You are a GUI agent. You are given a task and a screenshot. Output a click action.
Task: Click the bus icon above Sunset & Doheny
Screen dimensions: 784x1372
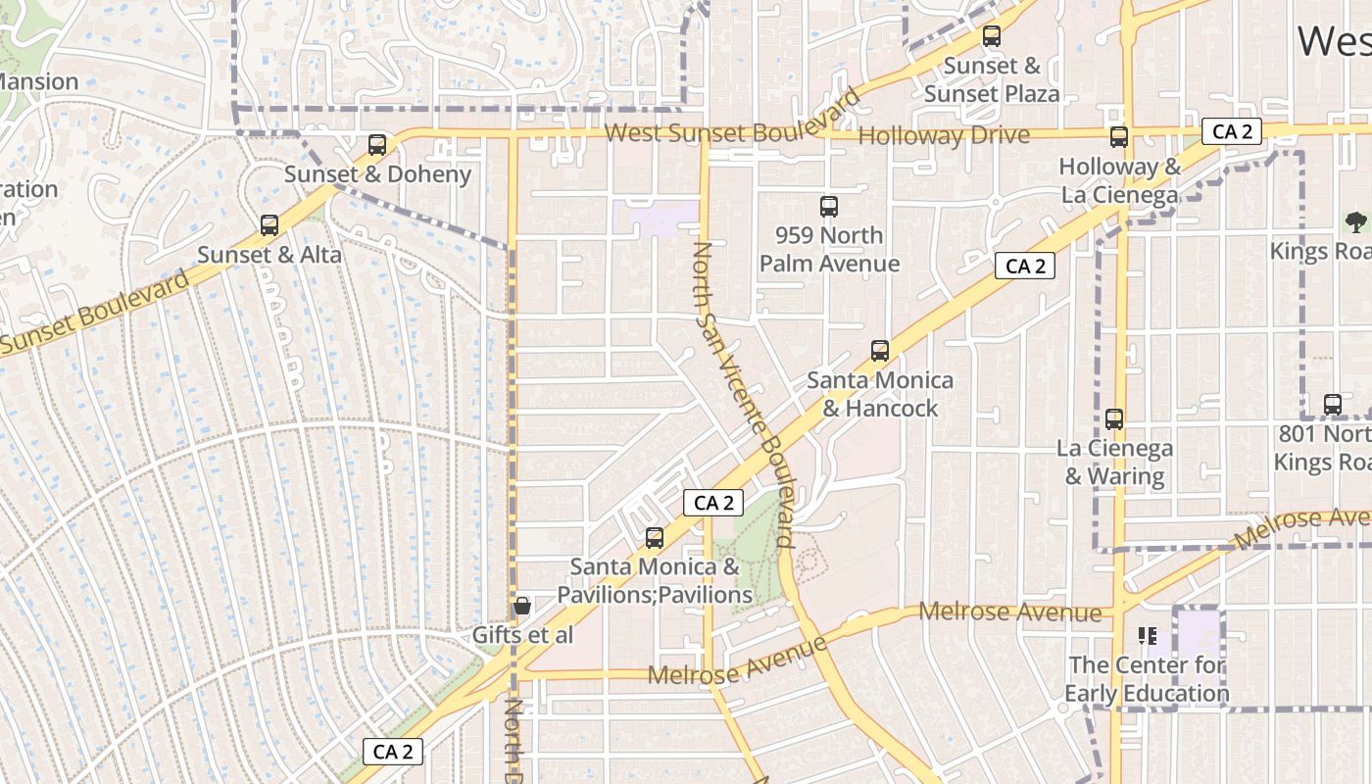coord(377,145)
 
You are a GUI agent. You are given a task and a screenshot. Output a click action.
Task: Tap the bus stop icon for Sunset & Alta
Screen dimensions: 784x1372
coord(269,225)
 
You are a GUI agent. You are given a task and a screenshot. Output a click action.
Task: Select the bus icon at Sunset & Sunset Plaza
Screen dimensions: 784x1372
coord(992,36)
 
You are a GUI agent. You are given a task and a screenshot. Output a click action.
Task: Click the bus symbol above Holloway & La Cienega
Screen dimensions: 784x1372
coord(1119,137)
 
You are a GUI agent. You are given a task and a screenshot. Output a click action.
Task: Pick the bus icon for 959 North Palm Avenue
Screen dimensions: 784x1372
coord(829,207)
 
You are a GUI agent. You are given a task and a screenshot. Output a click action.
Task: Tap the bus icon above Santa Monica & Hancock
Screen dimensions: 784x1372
coord(880,351)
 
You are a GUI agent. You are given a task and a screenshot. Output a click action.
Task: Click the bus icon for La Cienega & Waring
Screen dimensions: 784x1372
coord(1114,419)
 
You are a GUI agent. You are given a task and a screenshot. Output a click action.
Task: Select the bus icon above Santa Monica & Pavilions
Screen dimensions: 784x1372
coord(655,538)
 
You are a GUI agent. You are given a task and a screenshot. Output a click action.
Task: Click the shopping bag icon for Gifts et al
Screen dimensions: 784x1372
coord(522,606)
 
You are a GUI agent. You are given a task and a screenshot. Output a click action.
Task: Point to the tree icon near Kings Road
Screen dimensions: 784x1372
coord(1355,221)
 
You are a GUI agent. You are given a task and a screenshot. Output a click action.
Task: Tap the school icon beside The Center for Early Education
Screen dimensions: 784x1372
coord(1147,636)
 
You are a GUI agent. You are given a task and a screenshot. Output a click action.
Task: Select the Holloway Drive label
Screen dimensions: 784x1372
coord(944,135)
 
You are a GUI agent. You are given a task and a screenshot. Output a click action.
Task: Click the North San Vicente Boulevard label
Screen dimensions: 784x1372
coord(741,392)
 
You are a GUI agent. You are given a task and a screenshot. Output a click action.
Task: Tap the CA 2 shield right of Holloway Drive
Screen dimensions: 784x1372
coord(1232,131)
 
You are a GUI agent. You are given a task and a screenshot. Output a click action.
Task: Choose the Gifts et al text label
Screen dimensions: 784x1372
coord(522,635)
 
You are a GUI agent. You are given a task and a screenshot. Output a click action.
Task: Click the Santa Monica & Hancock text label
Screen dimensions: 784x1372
coord(880,394)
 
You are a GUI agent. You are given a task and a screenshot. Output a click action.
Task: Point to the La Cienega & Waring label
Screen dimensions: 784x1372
coord(1114,463)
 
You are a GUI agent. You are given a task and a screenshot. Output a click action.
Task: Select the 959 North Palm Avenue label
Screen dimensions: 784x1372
coord(829,250)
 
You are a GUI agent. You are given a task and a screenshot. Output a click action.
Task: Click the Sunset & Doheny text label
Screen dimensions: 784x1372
coord(377,174)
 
